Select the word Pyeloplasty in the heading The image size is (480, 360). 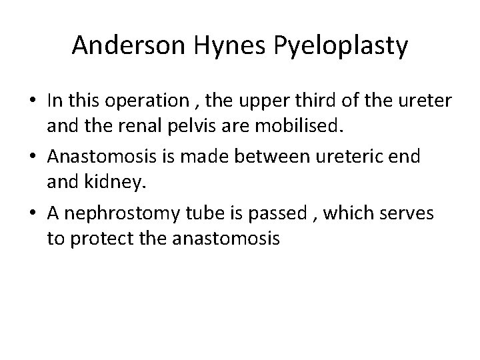336,46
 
